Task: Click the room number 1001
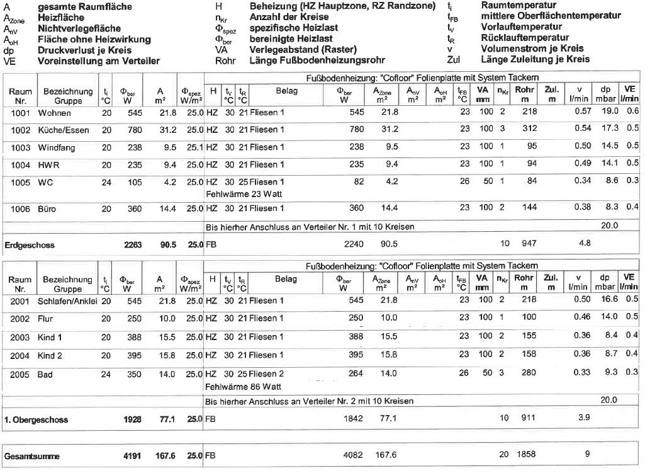tap(20, 113)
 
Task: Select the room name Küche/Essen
tap(64, 130)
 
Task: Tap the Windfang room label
tap(57, 147)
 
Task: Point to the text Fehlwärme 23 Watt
tap(244, 194)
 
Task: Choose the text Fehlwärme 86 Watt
tap(244, 386)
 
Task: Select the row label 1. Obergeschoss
tap(36, 419)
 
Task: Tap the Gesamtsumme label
tap(30, 455)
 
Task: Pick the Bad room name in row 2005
tap(45, 373)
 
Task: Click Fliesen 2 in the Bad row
tap(267, 373)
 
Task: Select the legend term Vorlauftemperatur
tap(522, 27)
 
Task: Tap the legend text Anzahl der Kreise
tap(289, 18)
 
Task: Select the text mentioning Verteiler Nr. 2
tap(310, 401)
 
